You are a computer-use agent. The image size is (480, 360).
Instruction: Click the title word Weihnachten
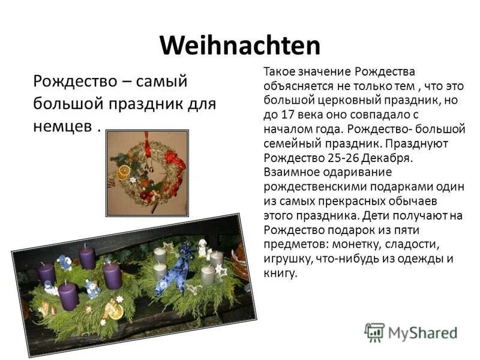pyautogui.click(x=240, y=46)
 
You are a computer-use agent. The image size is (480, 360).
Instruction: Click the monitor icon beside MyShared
pyautogui.click(x=374, y=332)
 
